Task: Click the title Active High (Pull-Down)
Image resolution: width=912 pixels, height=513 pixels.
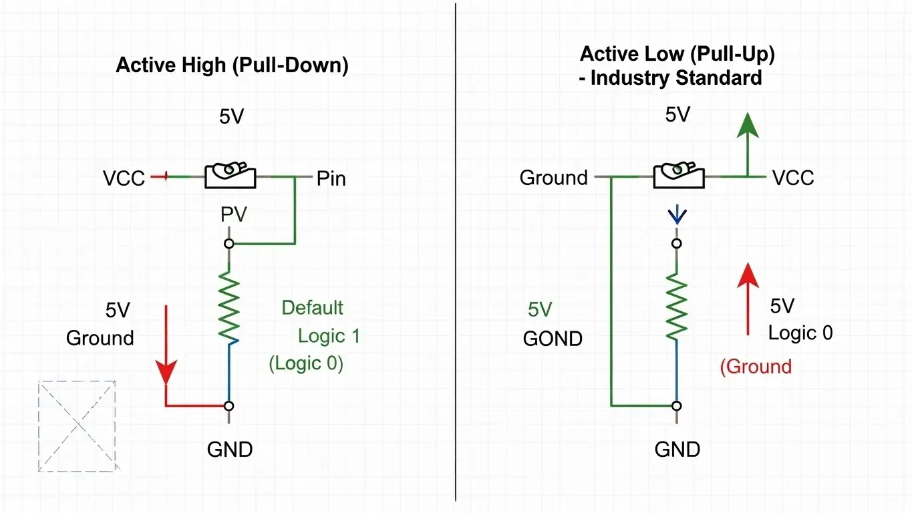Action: pos(232,65)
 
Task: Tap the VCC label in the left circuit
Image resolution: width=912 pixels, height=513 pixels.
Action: pos(124,178)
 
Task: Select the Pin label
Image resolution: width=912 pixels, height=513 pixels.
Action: pos(331,178)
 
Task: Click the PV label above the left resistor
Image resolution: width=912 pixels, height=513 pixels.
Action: pos(234,214)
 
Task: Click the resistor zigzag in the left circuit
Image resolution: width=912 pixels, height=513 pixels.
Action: pos(229,307)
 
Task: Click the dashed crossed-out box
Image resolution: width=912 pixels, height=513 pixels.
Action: pos(77,425)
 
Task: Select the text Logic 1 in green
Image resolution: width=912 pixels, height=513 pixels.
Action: pos(329,335)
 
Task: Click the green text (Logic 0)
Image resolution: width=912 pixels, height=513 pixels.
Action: pos(306,363)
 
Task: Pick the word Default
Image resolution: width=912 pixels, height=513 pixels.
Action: pos(312,308)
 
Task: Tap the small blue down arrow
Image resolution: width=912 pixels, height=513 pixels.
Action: pos(677,215)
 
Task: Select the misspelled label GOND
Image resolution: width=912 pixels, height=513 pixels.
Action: pos(553,339)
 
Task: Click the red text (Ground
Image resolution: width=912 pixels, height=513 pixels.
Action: pos(756,366)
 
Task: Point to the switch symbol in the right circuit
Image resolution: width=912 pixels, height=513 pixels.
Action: pos(678,176)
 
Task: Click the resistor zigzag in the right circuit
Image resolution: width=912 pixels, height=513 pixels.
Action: pos(677,307)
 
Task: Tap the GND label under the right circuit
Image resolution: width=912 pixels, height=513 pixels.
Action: pos(677,449)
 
